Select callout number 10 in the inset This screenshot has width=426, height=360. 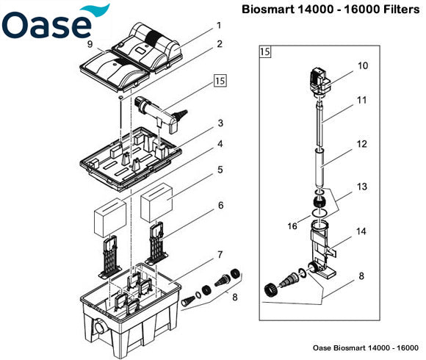pyautogui.click(x=362, y=65)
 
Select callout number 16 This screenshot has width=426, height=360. pyautogui.click(x=292, y=226)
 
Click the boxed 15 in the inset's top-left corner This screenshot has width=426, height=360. pyautogui.click(x=264, y=52)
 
